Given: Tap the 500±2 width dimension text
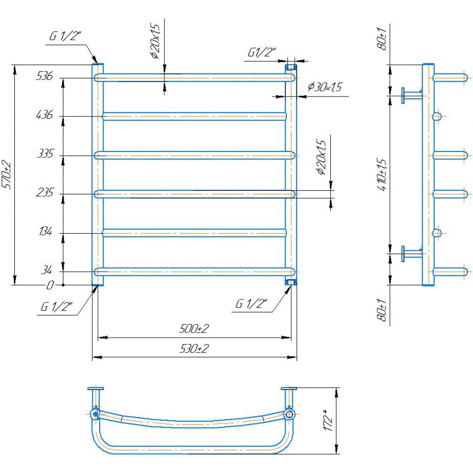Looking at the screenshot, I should pos(194,329).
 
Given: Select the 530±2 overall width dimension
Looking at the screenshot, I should pos(194,349).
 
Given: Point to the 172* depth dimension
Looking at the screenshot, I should pos(328,421).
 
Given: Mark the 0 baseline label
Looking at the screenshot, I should pos(49,285).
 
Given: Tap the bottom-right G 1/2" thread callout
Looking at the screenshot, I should pos(252,304).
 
